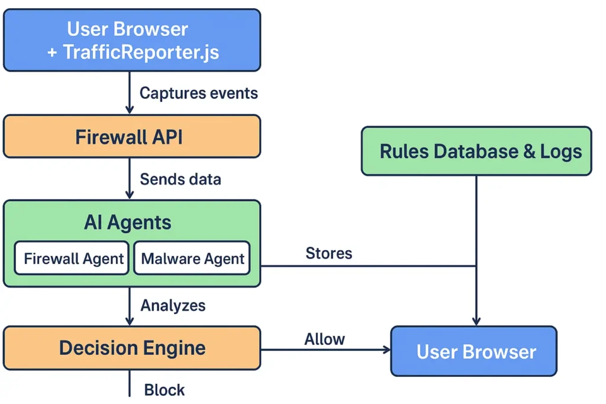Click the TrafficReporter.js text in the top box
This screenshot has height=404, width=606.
[x=141, y=52]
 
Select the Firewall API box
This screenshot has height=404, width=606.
[x=131, y=137]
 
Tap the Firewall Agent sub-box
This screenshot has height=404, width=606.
[x=73, y=258]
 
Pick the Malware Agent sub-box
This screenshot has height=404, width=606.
[x=192, y=258]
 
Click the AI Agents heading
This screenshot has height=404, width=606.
[x=127, y=222]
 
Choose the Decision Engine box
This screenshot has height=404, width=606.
[x=131, y=347]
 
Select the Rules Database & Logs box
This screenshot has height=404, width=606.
[x=476, y=151]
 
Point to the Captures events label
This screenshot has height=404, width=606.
[x=198, y=93]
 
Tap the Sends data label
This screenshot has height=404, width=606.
[x=180, y=179]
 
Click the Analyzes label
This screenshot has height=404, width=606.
[x=173, y=305]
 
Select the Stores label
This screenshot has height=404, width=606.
[x=328, y=253]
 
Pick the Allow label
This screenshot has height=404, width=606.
[x=324, y=339]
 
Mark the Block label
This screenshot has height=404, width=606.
[x=165, y=390]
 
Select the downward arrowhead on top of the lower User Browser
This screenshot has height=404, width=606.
[x=476, y=322]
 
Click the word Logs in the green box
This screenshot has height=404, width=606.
[x=560, y=151]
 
